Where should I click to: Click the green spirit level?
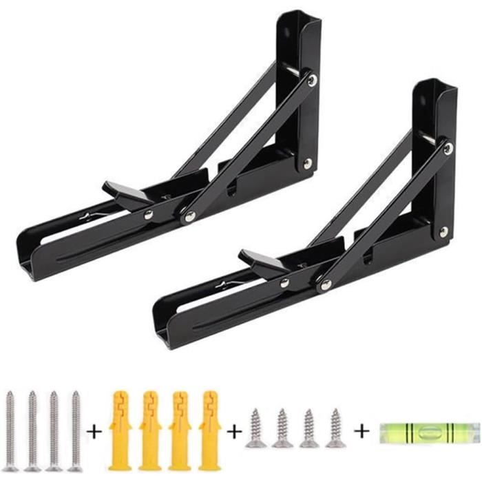(428, 433)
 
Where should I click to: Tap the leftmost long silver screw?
(10, 431)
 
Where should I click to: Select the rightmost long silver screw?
(75, 431)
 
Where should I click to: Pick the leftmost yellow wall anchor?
(119, 431)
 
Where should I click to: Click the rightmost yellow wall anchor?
(209, 431)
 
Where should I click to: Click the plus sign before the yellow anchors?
(94, 432)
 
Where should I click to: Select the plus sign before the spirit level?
(361, 432)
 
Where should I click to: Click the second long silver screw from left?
(32, 431)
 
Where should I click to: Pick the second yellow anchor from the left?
(149, 431)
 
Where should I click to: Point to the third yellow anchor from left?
(180, 431)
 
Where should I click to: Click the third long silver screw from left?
(54, 431)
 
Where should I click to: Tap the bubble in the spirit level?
(428, 433)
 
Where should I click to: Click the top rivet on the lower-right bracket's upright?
(448, 148)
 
